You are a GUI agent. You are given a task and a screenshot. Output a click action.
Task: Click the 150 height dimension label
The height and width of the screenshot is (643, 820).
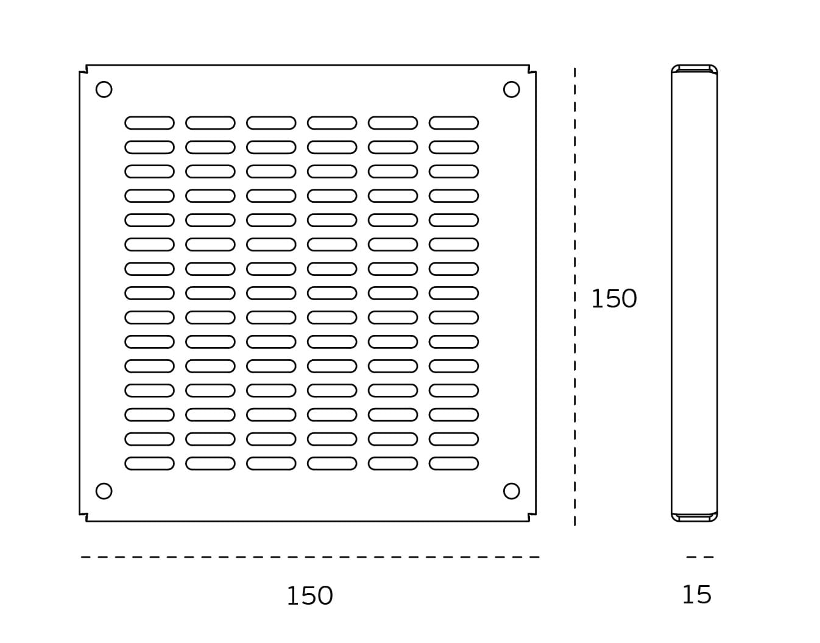(614, 299)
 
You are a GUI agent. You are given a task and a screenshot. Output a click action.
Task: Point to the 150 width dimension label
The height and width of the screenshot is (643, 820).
(310, 596)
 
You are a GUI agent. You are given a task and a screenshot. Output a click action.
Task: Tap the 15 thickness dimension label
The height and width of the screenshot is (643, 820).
(696, 595)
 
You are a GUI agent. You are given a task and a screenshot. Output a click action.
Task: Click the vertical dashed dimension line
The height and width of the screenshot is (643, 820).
(574, 297)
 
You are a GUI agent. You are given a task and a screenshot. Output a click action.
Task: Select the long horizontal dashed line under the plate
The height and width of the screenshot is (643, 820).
(310, 557)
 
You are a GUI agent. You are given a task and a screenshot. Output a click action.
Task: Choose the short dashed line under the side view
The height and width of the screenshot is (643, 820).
(700, 557)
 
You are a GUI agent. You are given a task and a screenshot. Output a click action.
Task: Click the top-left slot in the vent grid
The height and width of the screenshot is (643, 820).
(149, 123)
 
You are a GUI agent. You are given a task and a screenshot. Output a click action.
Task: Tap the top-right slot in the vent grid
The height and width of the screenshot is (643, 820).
(454, 123)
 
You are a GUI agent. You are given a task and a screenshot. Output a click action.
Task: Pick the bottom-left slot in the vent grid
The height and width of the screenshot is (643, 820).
(149, 463)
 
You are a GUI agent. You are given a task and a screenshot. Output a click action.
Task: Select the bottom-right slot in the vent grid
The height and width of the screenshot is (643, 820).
(454, 463)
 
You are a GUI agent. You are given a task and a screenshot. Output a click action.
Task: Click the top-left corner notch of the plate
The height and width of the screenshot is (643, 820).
(83, 69)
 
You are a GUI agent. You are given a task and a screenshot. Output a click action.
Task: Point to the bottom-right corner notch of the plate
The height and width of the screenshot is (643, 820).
(532, 518)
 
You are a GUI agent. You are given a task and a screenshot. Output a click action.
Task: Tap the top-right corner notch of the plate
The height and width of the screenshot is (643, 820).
(532, 69)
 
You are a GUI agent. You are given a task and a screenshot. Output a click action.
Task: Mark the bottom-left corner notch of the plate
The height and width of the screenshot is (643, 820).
(83, 518)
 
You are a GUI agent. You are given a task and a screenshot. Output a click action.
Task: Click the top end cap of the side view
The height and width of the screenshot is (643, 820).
(695, 69)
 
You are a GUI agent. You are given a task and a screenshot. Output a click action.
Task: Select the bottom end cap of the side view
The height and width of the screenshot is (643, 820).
(695, 518)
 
